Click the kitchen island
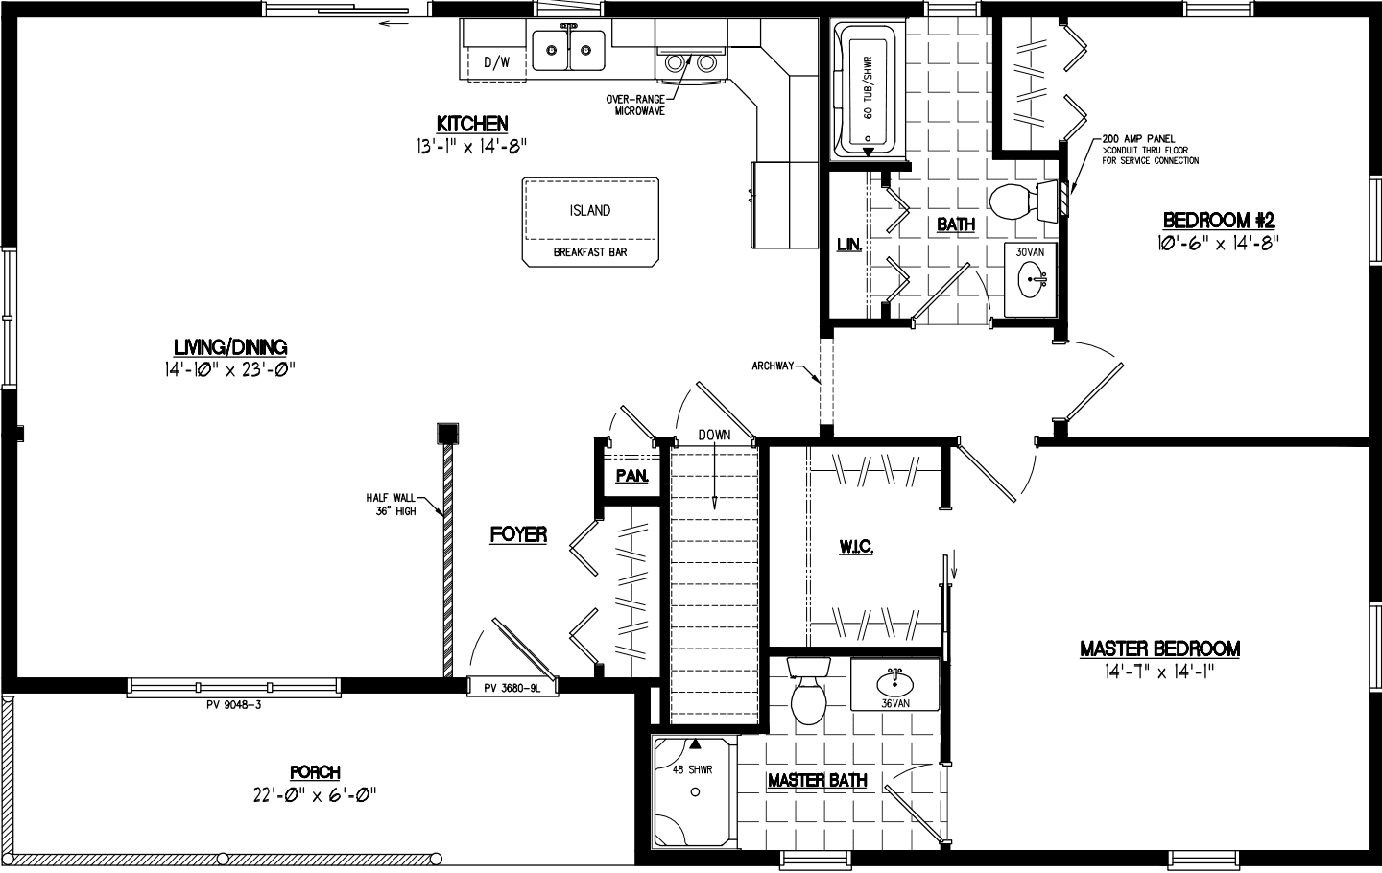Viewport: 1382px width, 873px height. pos(590,220)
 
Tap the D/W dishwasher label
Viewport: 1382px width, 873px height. pos(497,63)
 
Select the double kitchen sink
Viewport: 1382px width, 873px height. pos(569,50)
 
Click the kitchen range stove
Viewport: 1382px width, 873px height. pos(689,61)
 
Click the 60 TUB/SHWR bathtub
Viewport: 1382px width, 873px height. pos(867,90)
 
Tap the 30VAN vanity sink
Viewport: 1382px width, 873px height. pos(1034,280)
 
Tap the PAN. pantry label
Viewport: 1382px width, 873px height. pos(632,476)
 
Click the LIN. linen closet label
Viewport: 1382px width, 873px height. pos(849,246)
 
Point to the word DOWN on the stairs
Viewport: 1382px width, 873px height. pos(714,435)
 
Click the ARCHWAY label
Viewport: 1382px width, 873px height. pos(774,366)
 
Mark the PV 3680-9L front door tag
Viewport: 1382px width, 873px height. pos(513,687)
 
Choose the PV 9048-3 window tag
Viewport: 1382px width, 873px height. pos(235,705)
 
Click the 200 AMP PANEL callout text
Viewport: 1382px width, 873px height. pos(1139,140)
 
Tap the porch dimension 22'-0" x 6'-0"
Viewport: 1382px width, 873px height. pos(315,794)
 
